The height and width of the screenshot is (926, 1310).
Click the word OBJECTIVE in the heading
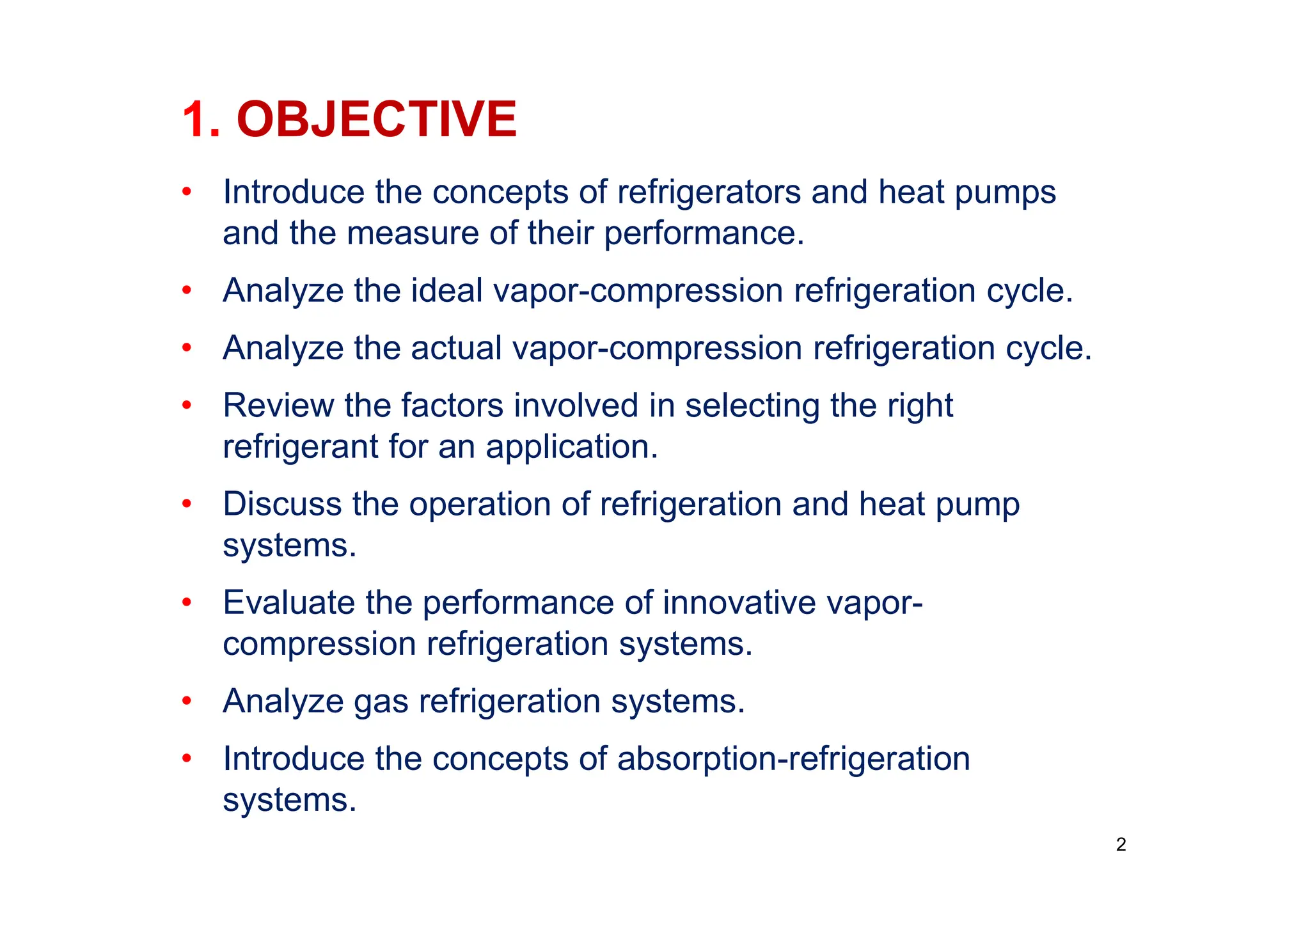[376, 120]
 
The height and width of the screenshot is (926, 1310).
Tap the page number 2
[1121, 845]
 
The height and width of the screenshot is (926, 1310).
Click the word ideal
[446, 290]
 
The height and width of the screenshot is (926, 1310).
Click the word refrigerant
[300, 446]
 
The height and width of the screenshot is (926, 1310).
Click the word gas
[381, 701]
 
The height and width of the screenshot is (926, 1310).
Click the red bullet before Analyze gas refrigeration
[187, 701]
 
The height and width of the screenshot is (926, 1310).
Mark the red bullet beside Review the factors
[187, 405]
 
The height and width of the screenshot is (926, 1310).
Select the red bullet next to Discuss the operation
[187, 504]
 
